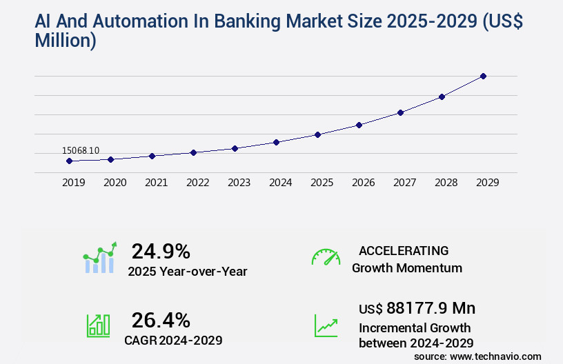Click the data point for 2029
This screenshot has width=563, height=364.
483,76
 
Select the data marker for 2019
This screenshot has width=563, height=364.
69,161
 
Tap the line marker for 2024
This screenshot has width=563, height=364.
276,142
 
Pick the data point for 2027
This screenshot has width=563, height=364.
400,112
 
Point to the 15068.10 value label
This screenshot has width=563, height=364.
81,150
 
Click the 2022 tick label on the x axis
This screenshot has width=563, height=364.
197,183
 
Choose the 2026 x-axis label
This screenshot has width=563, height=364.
363,183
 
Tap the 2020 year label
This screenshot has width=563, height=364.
115,183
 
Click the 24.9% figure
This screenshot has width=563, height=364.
161,251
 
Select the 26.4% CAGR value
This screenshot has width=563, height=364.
161,320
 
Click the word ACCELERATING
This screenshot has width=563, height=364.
404,251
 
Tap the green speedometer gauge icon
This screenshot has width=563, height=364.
326,257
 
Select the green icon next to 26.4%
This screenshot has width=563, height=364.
98,325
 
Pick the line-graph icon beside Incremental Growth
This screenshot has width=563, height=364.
326,325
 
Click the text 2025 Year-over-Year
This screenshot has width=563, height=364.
188,272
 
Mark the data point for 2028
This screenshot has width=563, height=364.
442,97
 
